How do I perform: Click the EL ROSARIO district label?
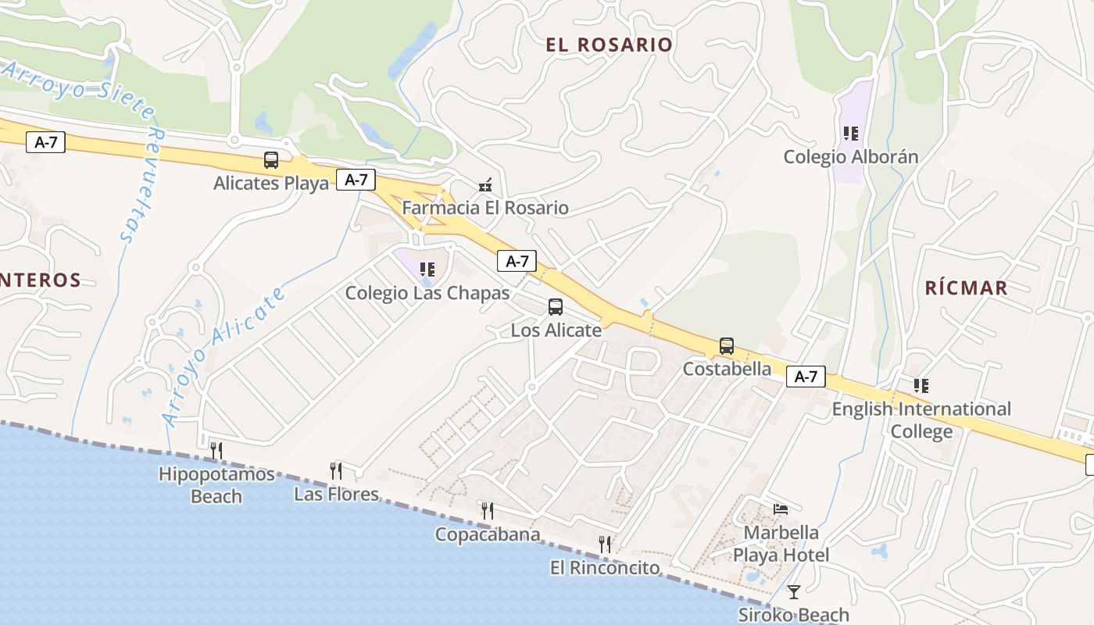(610, 45)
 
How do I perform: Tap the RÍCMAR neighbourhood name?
(967, 287)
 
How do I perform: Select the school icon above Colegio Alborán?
(851, 134)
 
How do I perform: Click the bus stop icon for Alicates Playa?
(271, 160)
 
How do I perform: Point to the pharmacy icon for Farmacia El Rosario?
(485, 185)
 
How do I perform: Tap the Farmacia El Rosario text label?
(485, 208)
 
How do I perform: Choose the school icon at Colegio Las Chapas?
(427, 270)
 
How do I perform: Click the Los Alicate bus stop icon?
(556, 307)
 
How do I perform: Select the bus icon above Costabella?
(727, 346)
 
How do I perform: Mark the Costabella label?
(727, 369)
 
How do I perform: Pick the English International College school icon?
(921, 385)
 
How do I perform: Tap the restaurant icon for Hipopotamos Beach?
(216, 450)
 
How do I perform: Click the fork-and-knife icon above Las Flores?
(336, 470)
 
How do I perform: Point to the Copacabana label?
(488, 534)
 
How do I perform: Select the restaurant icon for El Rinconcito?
(605, 544)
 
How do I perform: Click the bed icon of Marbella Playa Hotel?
(781, 509)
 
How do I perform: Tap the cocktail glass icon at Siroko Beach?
(794, 592)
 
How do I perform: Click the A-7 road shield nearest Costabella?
(806, 377)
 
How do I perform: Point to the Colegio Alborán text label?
(851, 157)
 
